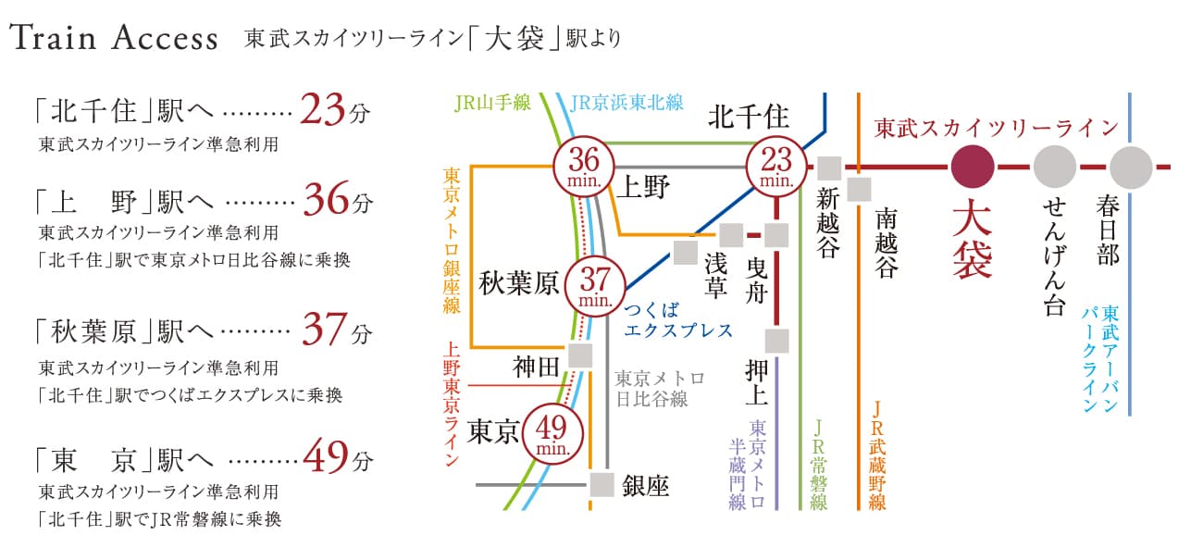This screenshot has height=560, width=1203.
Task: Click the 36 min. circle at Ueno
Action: [x=586, y=166]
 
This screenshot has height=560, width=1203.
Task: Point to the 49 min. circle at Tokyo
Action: [x=552, y=432]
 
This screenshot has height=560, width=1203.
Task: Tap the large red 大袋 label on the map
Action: [x=972, y=241]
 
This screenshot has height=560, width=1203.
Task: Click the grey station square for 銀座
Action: [x=603, y=484]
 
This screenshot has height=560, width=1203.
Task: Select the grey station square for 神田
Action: [x=581, y=355]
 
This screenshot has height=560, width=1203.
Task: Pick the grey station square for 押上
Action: [x=776, y=340]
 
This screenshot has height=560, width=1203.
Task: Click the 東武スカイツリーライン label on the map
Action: [x=995, y=129]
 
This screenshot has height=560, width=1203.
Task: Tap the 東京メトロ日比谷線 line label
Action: [x=660, y=389]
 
